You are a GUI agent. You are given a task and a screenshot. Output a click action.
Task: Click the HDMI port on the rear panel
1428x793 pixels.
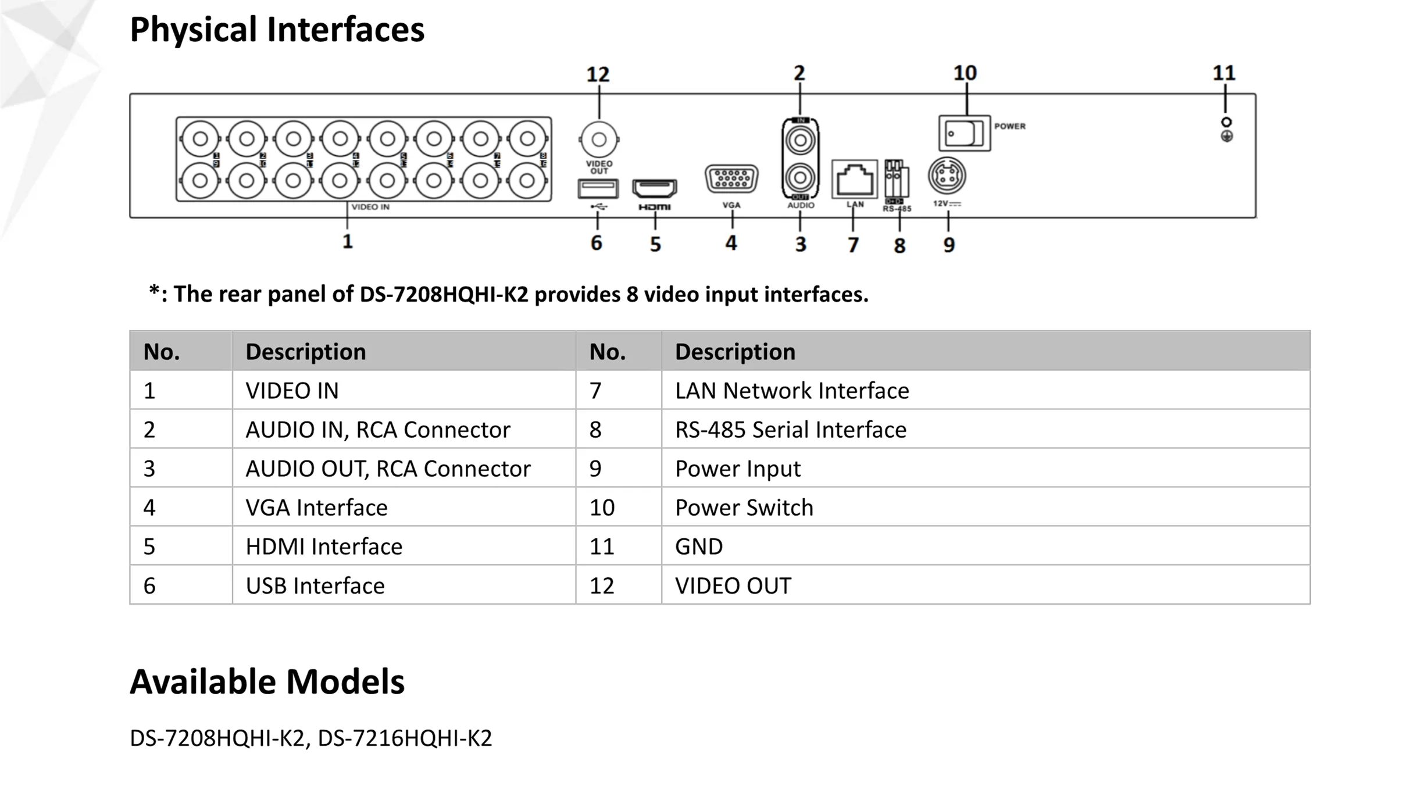click(x=654, y=188)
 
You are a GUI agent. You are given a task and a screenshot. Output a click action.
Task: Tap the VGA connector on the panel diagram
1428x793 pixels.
click(x=731, y=179)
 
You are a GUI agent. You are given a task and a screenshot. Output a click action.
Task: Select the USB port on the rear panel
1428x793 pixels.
click(x=597, y=188)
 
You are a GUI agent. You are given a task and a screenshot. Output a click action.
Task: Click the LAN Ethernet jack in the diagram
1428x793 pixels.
click(x=854, y=180)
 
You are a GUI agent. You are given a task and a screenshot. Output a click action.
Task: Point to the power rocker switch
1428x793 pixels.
click(x=964, y=133)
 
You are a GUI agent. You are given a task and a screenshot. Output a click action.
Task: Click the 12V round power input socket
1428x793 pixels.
click(x=947, y=176)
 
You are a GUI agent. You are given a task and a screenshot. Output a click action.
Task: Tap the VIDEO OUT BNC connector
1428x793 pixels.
click(x=599, y=140)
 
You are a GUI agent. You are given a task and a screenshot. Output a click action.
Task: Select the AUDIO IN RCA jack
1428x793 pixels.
click(x=800, y=141)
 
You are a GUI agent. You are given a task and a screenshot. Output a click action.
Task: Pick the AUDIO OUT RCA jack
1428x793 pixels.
click(x=800, y=177)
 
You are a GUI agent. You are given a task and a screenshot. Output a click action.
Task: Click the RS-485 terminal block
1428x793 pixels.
click(x=896, y=179)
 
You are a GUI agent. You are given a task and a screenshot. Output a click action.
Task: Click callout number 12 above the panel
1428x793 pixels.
click(x=598, y=74)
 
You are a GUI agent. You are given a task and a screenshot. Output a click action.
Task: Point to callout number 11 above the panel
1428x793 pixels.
click(x=1224, y=73)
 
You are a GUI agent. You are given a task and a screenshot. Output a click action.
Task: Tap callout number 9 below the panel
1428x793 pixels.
click(x=949, y=245)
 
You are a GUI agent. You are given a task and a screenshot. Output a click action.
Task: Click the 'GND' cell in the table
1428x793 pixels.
click(x=699, y=546)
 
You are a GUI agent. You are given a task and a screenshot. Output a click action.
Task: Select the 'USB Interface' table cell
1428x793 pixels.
click(x=315, y=585)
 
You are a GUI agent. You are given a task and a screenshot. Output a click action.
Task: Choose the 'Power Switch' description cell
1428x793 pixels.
click(x=744, y=508)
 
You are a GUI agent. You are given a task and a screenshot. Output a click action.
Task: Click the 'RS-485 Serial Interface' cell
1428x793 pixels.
click(x=790, y=430)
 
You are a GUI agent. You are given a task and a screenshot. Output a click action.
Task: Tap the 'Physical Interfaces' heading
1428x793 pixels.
click(x=277, y=30)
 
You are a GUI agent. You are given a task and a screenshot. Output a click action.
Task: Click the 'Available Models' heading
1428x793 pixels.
click(x=267, y=681)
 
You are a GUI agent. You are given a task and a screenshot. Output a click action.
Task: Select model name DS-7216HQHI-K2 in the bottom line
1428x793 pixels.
click(x=405, y=738)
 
